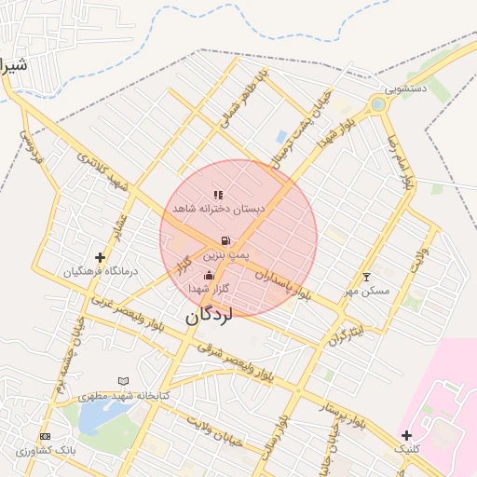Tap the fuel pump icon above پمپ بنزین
pyautogui.click(x=226, y=240)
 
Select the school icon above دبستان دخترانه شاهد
pyautogui.click(x=218, y=195)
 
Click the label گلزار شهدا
pyautogui.click(x=209, y=290)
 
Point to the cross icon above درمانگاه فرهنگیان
pyautogui.click(x=100, y=256)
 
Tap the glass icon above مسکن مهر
pyautogui.click(x=365, y=277)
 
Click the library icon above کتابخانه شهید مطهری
pyautogui.click(x=124, y=381)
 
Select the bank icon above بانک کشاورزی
pyautogui.click(x=44, y=436)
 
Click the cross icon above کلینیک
pyautogui.click(x=406, y=435)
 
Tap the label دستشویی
pyautogui.click(x=406, y=89)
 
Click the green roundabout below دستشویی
pyautogui.click(x=377, y=105)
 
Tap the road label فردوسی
pyautogui.click(x=34, y=146)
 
